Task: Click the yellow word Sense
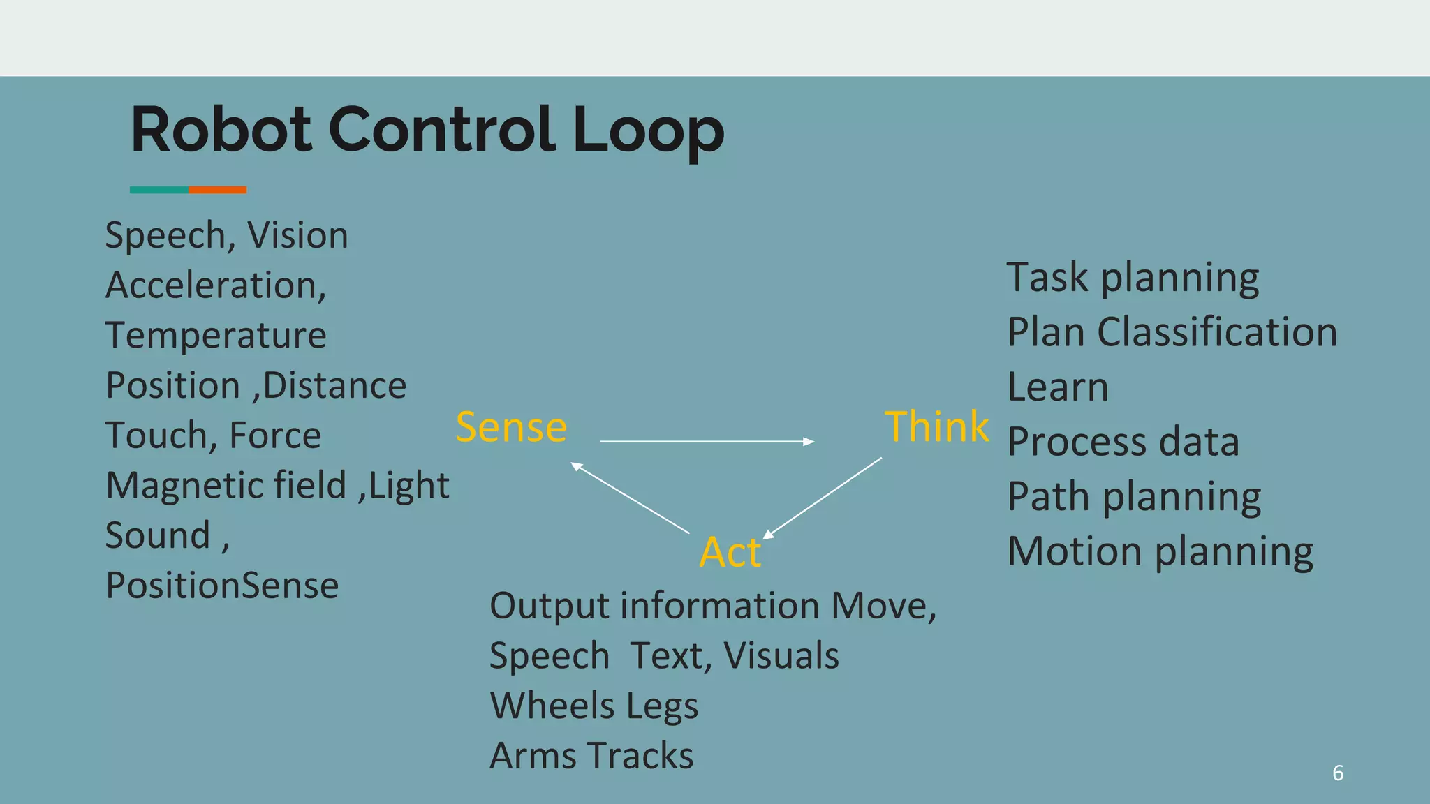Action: click(x=511, y=427)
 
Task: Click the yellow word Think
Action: click(x=936, y=426)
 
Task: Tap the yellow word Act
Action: click(x=730, y=552)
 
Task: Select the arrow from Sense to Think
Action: click(x=707, y=441)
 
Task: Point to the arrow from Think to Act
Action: click(x=823, y=498)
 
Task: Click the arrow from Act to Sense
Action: click(x=630, y=498)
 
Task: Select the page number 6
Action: click(x=1337, y=773)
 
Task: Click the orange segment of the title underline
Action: click(x=217, y=190)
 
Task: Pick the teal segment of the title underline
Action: click(x=159, y=190)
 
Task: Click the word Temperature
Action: click(x=216, y=336)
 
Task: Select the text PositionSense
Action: click(x=222, y=586)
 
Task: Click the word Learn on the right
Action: click(x=1057, y=387)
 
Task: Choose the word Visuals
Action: click(x=781, y=656)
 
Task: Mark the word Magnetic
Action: click(x=226, y=486)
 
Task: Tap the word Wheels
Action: click(x=552, y=706)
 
